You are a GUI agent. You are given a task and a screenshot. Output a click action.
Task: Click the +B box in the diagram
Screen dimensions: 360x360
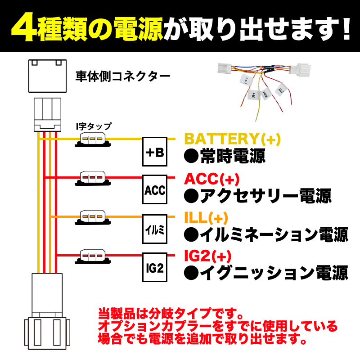click(x=155, y=153)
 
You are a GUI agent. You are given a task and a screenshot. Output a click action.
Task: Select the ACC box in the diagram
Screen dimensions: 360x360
click(x=155, y=190)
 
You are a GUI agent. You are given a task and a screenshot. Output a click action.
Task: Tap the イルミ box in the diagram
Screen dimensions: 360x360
click(x=155, y=229)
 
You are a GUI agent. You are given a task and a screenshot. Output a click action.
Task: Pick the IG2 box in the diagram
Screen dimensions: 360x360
click(x=155, y=268)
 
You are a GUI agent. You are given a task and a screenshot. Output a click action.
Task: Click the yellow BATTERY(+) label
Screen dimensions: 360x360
click(x=233, y=139)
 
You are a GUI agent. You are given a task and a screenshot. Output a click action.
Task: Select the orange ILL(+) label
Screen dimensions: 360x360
click(x=207, y=218)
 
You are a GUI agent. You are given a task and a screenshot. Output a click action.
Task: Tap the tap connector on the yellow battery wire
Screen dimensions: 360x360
click(x=93, y=139)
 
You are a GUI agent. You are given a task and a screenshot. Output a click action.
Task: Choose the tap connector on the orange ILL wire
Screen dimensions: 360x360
click(x=93, y=217)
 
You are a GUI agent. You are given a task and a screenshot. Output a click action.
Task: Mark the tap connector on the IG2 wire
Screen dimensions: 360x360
click(x=93, y=255)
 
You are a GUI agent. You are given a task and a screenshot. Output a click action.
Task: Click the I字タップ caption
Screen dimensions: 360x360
click(x=93, y=126)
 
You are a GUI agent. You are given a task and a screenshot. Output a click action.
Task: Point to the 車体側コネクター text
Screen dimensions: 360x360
click(x=122, y=74)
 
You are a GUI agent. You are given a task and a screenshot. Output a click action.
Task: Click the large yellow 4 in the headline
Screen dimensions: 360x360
click(x=21, y=27)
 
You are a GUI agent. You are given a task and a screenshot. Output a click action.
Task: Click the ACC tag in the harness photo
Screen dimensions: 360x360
click(x=281, y=90)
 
